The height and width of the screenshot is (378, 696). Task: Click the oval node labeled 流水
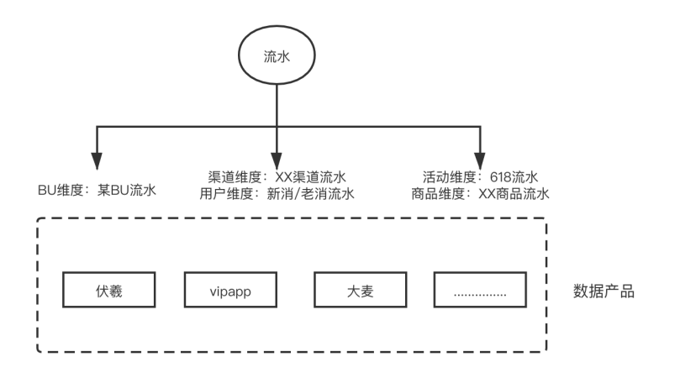point(277,58)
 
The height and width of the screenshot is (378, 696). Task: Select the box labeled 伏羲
point(108,290)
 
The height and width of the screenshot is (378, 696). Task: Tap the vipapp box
point(230,290)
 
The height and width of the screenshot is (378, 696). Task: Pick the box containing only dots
point(480,290)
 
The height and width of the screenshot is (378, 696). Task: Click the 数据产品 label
point(604,292)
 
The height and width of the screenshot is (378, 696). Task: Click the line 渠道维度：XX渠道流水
point(277,178)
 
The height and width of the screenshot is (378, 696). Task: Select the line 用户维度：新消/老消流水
point(277,195)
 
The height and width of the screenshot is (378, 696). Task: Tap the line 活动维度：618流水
point(481,178)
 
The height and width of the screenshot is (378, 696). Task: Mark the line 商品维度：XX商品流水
point(481,195)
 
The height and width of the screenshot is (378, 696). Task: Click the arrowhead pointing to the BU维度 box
point(98,159)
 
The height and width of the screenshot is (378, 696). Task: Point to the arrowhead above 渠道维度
point(277,159)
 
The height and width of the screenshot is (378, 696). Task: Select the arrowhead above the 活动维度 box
point(480,159)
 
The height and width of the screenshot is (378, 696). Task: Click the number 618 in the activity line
point(501,178)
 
